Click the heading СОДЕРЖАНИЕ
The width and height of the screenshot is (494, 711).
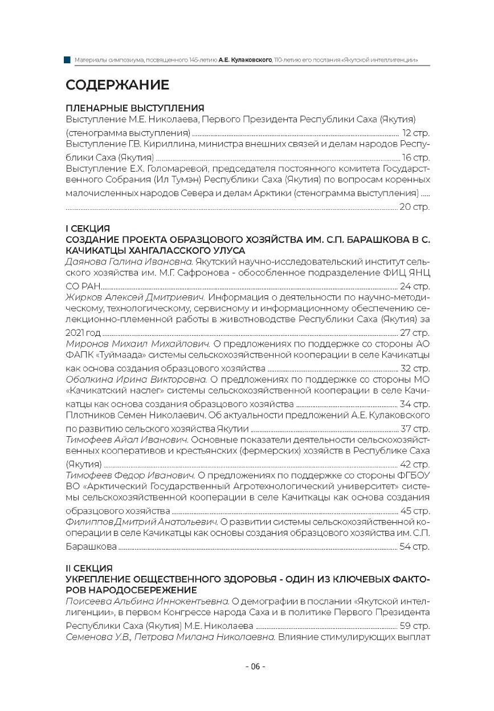pos(117,86)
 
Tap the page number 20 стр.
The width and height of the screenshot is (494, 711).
pos(415,206)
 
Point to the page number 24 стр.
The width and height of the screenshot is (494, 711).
pos(415,286)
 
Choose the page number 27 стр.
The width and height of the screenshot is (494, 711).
pos(415,332)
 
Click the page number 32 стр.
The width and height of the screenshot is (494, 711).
pos(415,368)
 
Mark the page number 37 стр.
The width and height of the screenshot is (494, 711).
pos(415,428)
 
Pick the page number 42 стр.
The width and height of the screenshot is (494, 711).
pos(415,464)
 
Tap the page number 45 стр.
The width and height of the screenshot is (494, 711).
pos(415,511)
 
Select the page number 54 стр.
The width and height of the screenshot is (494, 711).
pos(415,547)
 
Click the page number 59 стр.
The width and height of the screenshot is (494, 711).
pos(415,627)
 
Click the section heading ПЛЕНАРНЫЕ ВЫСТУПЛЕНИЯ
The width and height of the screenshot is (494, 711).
pos(134,108)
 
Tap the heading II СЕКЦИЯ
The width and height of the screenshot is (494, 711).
pos(89,568)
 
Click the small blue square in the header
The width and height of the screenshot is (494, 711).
pos(68,59)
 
